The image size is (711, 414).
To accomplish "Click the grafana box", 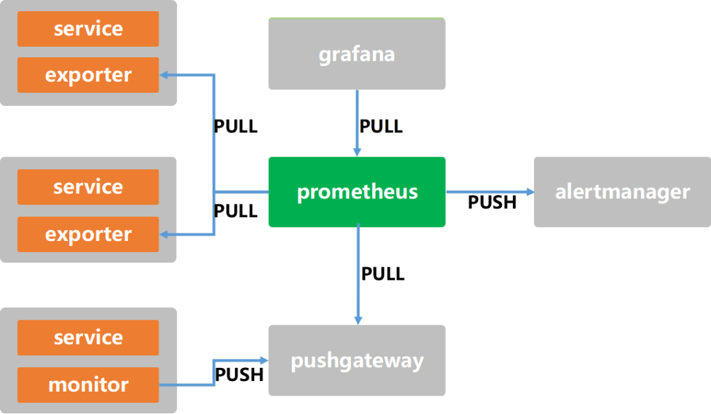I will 356,54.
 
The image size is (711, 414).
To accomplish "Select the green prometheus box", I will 356,192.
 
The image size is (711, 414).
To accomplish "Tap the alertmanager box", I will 622,192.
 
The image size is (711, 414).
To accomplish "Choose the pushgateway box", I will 356,361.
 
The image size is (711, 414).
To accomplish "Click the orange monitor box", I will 88,384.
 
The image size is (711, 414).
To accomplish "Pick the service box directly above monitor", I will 88,338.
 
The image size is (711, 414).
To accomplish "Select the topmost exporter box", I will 88,75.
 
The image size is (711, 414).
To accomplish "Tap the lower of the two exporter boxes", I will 88,234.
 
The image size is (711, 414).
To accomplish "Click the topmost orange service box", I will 88,29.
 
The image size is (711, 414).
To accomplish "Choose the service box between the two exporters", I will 88,187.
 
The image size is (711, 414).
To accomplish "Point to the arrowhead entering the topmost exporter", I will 165,75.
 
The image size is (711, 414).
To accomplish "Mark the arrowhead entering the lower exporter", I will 165,234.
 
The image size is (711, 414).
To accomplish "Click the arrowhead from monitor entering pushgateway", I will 263,361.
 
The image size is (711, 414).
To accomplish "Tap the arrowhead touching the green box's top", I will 357,152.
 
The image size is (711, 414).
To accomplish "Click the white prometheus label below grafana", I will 382,126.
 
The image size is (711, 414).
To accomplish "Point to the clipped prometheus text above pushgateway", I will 382,321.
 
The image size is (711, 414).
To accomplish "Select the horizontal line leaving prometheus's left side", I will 241,192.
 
